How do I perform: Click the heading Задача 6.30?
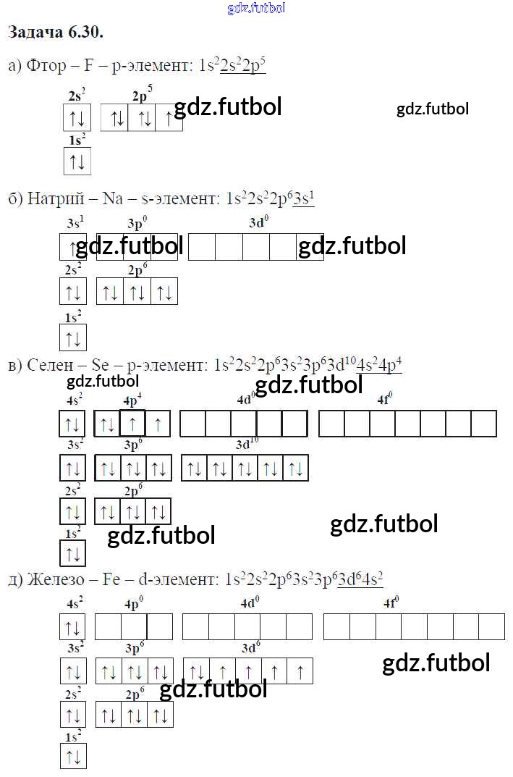coord(55,33)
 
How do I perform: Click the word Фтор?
coord(42,67)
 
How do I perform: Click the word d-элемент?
coord(176,579)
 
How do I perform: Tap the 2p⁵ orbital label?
coord(143,95)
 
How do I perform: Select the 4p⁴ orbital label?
coord(133,400)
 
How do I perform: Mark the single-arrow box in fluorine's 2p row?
coord(169,119)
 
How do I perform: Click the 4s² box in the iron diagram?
coord(73,627)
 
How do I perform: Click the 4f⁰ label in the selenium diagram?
coord(385,400)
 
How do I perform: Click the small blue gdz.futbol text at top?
coord(256,8)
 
